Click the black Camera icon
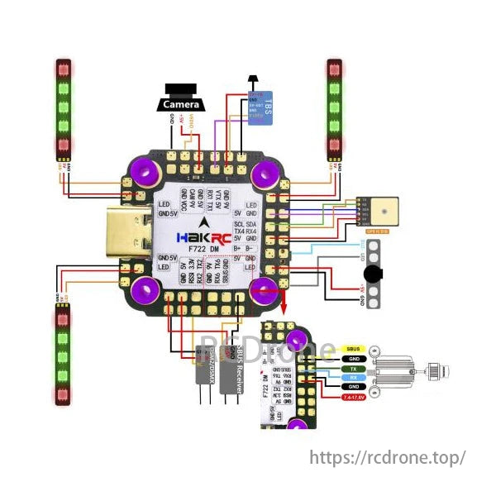[x=180, y=98]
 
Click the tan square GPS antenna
[x=384, y=210]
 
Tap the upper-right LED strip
[x=334, y=108]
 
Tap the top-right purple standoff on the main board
[x=265, y=174]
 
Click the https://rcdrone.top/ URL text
[x=388, y=456]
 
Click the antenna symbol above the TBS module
[x=253, y=81]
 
